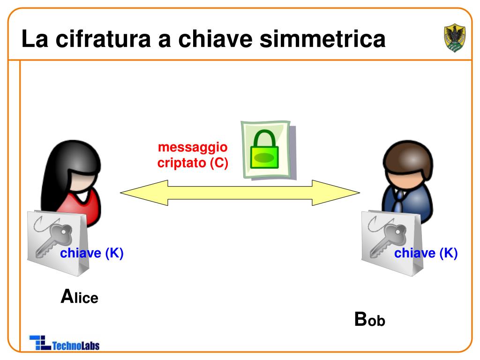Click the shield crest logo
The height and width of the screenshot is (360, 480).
[454, 38]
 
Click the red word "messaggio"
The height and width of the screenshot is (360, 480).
[193, 148]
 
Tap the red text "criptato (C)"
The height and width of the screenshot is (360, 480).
[193, 163]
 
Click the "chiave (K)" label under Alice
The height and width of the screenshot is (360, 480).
[92, 254]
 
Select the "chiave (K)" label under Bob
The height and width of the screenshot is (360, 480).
[426, 254]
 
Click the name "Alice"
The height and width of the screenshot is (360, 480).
[80, 297]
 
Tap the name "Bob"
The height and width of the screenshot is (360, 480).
[369, 320]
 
